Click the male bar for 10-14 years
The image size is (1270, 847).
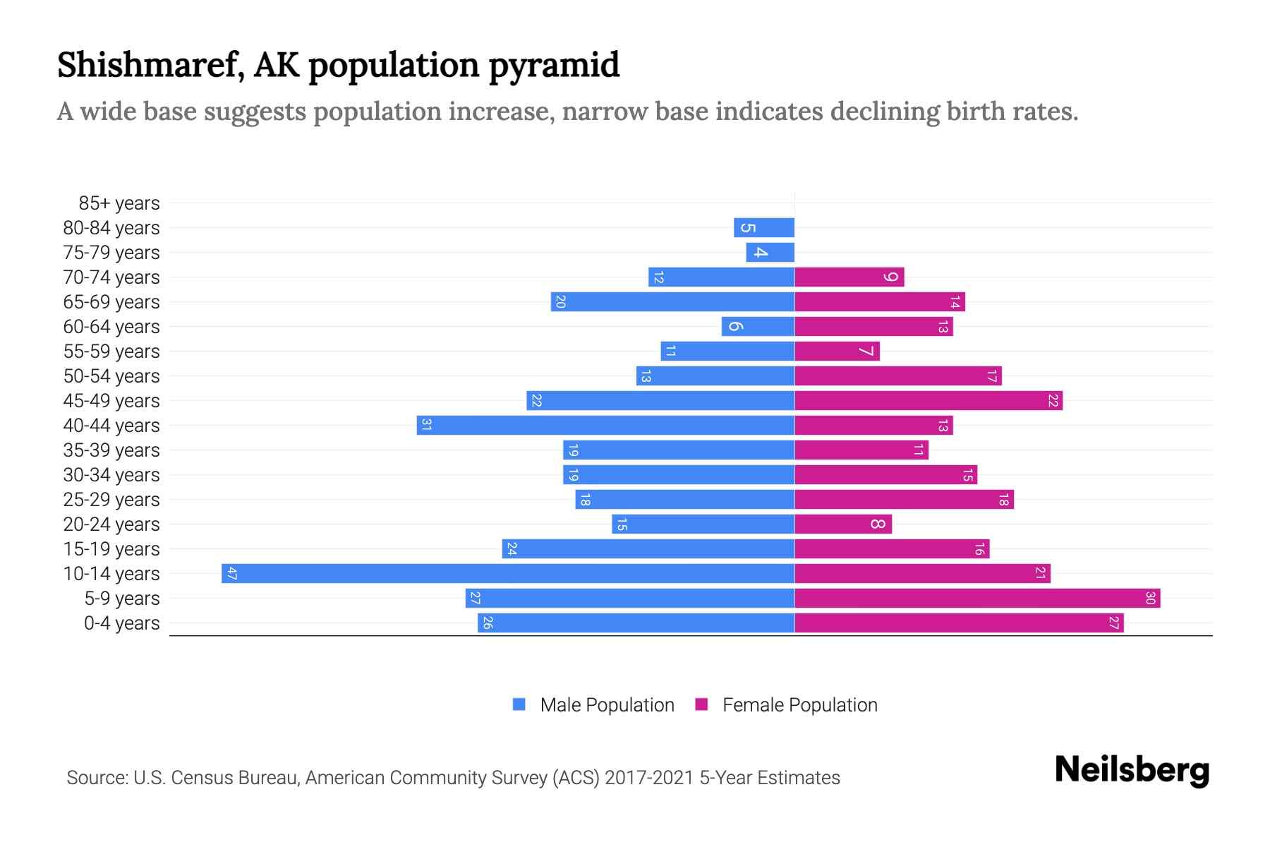pyautogui.click(x=508, y=573)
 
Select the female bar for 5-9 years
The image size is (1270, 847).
pyautogui.click(x=977, y=599)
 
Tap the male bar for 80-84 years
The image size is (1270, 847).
pyautogui.click(x=764, y=228)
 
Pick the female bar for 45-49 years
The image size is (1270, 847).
pyautogui.click(x=929, y=401)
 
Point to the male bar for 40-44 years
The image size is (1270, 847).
pyautogui.click(x=605, y=426)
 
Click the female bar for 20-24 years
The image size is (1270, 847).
pyautogui.click(x=843, y=524)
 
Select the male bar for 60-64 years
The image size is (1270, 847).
pyautogui.click(x=758, y=327)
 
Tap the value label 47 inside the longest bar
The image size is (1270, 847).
pyautogui.click(x=231, y=574)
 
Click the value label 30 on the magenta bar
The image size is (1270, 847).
pyautogui.click(x=1150, y=599)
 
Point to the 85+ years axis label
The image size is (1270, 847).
pyautogui.click(x=119, y=203)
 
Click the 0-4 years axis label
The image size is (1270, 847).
pyautogui.click(x=121, y=623)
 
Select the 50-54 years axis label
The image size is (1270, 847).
pyautogui.click(x=111, y=376)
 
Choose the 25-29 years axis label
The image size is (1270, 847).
pyautogui.click(x=111, y=500)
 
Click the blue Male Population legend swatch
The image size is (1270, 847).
pyautogui.click(x=519, y=704)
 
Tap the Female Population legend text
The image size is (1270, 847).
pyautogui.click(x=799, y=705)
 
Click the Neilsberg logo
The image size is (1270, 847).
pyautogui.click(x=1132, y=769)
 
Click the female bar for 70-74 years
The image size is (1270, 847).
pyautogui.click(x=849, y=277)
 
